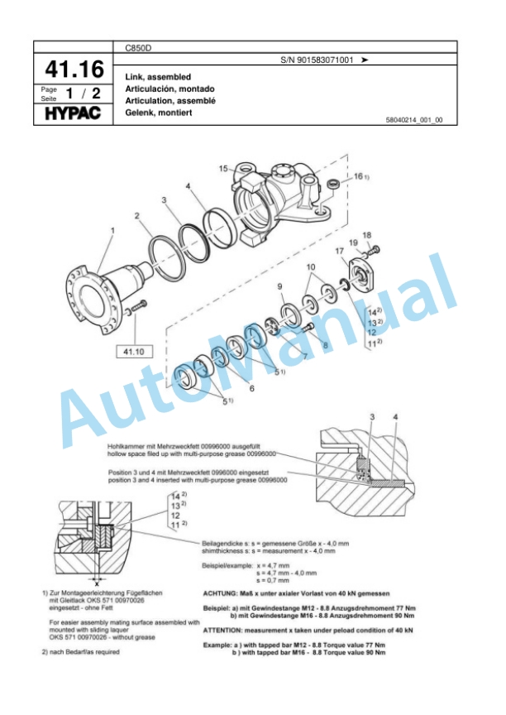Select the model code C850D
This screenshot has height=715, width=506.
tap(137, 49)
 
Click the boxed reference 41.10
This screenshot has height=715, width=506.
tap(132, 351)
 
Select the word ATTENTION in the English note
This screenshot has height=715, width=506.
tap(228, 631)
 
